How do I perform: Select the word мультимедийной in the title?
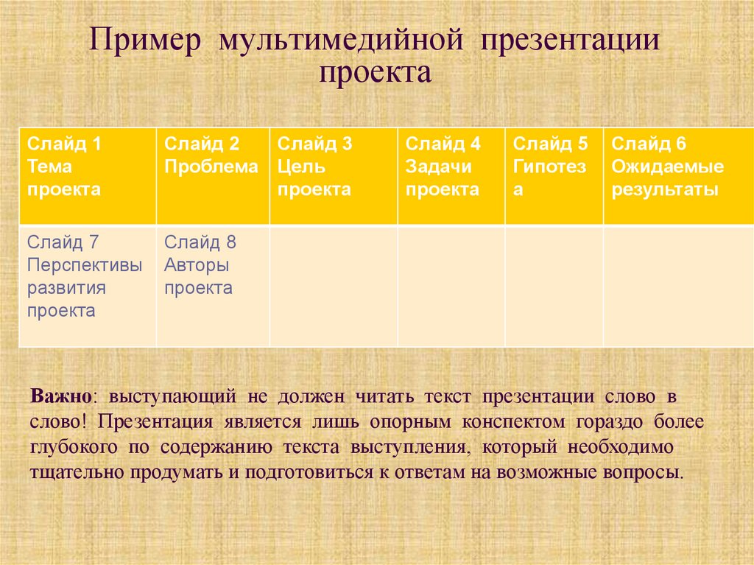(x=339, y=41)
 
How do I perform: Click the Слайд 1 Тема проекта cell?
(x=87, y=175)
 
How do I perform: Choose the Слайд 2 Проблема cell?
(x=212, y=175)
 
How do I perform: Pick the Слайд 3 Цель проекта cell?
(x=333, y=175)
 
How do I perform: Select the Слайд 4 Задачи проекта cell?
(x=451, y=175)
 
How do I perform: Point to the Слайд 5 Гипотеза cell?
(x=554, y=175)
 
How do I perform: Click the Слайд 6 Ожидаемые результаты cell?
(x=677, y=175)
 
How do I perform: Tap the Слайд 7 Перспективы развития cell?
(x=87, y=286)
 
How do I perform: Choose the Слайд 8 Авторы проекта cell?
(x=212, y=286)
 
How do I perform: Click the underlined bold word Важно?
(x=60, y=396)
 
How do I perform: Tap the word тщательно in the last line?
(x=77, y=472)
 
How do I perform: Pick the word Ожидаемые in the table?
(x=667, y=166)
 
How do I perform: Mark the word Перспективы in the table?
(x=85, y=265)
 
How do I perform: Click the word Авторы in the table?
(x=197, y=265)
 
